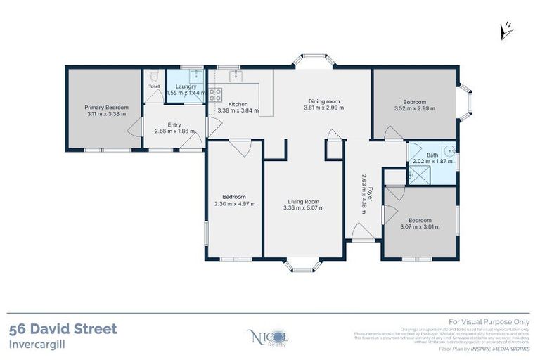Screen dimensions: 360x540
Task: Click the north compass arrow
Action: click(x=506, y=30)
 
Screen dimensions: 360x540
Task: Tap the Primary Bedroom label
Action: click(x=107, y=108)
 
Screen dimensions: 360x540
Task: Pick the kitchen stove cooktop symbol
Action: click(x=214, y=94)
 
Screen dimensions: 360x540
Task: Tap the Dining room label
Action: click(x=323, y=101)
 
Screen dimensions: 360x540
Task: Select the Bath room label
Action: click(x=432, y=155)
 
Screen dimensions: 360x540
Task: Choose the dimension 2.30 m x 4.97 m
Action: click(x=234, y=203)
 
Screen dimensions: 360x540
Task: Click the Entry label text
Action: click(x=174, y=124)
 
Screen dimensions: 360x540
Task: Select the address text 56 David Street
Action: click(x=63, y=329)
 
